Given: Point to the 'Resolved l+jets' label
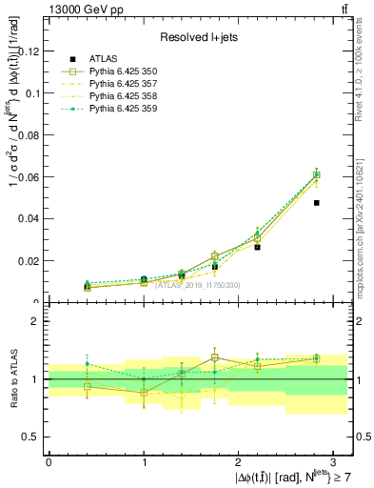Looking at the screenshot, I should click(197, 37).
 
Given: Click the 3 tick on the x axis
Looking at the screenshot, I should click(335, 460).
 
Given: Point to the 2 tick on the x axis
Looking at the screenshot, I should click(240, 460).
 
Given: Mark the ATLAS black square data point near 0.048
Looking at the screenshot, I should click(317, 203).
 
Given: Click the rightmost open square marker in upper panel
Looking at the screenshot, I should click(317, 174).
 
